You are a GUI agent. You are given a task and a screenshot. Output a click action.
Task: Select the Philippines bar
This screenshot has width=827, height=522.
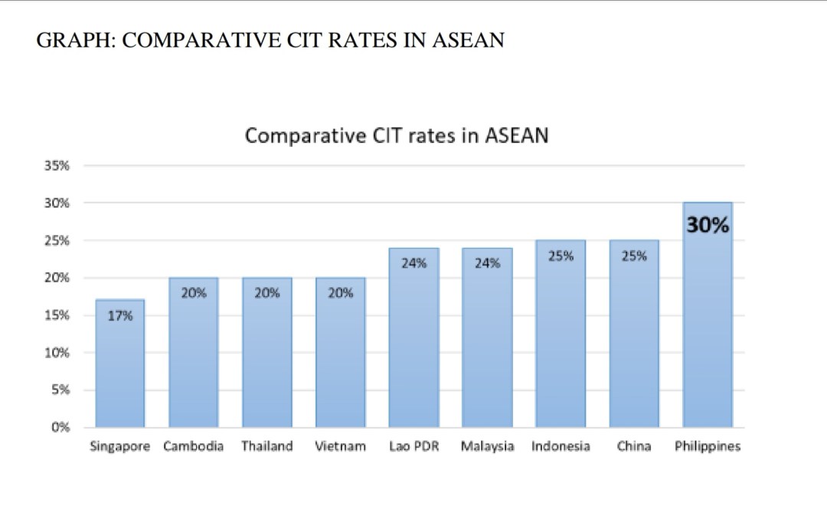(x=708, y=321)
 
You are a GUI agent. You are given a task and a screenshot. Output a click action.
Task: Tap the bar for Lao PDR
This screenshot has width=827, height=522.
(x=413, y=344)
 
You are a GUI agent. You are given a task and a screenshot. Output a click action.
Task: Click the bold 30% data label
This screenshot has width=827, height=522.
(x=708, y=226)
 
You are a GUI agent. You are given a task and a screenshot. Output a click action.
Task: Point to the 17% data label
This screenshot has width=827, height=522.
(x=120, y=315)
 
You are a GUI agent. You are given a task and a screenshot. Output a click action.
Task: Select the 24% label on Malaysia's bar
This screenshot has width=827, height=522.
(x=487, y=263)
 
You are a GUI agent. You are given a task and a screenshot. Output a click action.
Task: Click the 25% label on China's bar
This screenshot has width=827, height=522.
(x=634, y=256)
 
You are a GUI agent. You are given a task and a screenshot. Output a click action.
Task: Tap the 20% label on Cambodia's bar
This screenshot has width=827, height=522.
(x=194, y=292)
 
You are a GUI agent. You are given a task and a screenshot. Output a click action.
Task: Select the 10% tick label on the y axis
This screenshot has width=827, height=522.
(x=59, y=353)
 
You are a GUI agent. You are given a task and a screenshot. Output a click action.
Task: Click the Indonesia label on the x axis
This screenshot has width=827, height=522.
(x=561, y=446)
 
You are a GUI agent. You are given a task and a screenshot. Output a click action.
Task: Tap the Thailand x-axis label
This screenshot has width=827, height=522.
(x=267, y=446)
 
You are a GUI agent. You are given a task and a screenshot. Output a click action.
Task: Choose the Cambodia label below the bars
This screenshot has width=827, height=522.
(x=194, y=446)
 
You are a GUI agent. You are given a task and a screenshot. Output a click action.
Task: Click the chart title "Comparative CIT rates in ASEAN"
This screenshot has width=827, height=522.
(x=397, y=135)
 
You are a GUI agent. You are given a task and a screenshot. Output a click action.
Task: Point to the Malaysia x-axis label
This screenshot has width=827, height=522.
(x=487, y=446)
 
